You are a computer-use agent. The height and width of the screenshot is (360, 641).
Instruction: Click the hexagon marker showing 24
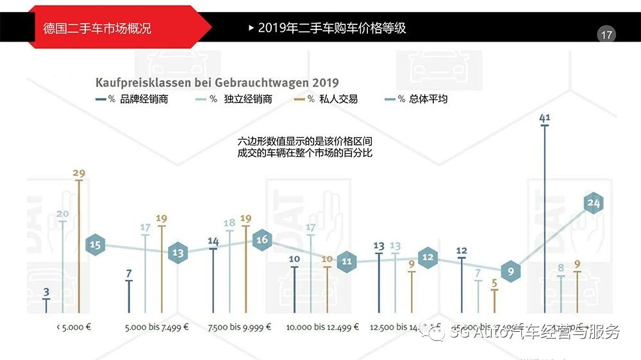coord(594,204)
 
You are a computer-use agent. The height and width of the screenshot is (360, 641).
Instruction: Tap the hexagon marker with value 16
coord(262,240)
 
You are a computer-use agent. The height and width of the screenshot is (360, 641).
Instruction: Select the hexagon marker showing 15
coord(96,245)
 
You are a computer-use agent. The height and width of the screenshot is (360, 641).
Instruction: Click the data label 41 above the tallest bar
coord(545,118)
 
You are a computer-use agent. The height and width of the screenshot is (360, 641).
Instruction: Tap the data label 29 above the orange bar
coord(79,173)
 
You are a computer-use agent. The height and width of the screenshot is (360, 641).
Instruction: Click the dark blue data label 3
coord(46,292)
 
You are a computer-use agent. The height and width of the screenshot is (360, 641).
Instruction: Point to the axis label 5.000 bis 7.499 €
coord(157,327)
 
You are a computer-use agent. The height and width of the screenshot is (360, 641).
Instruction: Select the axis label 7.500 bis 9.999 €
coord(240,327)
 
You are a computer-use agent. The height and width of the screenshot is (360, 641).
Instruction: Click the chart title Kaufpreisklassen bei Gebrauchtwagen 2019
coord(217,83)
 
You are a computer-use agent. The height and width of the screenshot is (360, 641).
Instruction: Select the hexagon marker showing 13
coord(178,253)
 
